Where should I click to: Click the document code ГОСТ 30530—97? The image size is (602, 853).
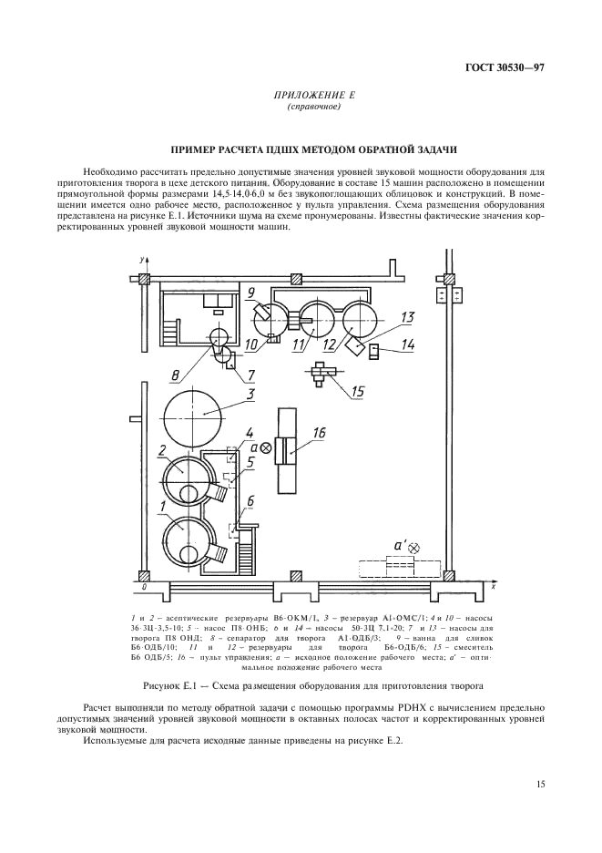tap(505, 68)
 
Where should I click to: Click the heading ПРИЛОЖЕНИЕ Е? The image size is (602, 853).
tap(314, 96)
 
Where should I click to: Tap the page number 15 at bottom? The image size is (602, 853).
tap(540, 784)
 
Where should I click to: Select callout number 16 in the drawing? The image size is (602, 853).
tap(320, 433)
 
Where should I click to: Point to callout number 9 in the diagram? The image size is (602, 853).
tap(250, 293)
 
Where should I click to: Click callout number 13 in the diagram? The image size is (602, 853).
tap(407, 316)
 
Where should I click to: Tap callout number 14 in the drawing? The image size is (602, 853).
tap(408, 344)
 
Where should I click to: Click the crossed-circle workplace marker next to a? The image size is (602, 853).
tap(266, 447)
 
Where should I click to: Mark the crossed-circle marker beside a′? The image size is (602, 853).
tap(415, 549)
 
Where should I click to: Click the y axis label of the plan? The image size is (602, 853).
tap(141, 260)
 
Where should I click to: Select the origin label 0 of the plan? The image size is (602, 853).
tap(144, 588)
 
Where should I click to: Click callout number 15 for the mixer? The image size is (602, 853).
tap(357, 391)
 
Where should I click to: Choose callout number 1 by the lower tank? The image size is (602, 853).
tap(162, 506)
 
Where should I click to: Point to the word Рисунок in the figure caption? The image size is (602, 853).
tap(159, 686)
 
